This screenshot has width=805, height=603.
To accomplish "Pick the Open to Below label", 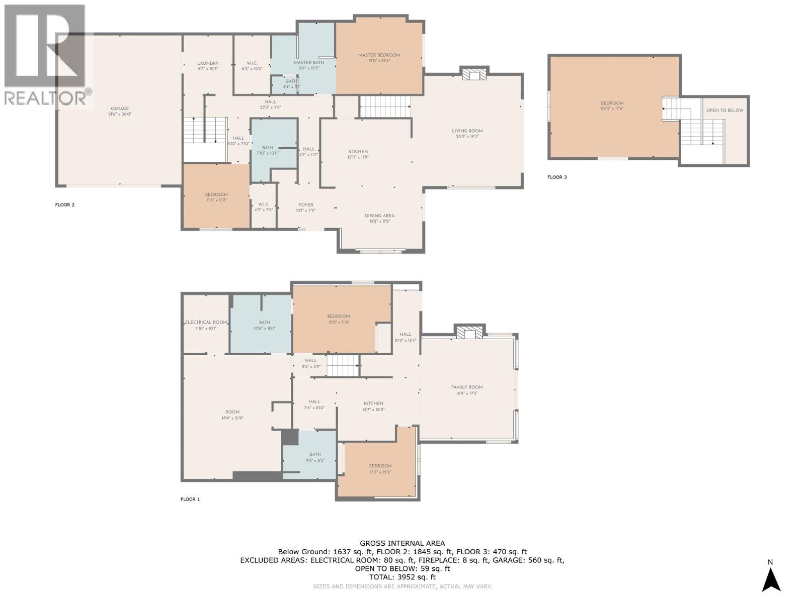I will pyautogui.click(x=725, y=110).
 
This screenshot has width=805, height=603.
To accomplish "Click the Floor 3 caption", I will pyautogui.click(x=557, y=177).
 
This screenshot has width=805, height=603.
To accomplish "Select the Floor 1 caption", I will pyautogui.click(x=190, y=499).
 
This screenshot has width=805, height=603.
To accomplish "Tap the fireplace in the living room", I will pyautogui.click(x=474, y=74).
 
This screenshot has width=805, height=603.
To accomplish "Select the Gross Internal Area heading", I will pyautogui.click(x=402, y=543).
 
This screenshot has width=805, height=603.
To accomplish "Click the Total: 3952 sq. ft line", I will pyautogui.click(x=402, y=577).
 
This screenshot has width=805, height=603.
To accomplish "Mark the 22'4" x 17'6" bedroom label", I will pyautogui.click(x=612, y=106).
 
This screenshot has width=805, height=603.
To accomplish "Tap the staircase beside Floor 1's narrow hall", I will pyautogui.click(x=343, y=365).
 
